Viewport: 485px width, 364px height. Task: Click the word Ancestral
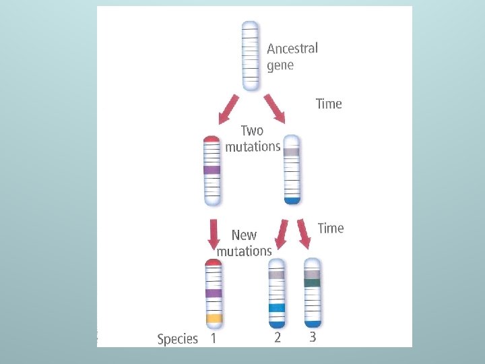pos(292,49)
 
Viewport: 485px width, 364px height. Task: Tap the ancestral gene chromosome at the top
pos(250,55)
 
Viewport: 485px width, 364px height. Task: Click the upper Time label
pos(329,104)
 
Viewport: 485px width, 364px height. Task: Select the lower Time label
pos(330,228)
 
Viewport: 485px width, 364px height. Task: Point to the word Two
pos(252,131)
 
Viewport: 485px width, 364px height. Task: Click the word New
pos(244,235)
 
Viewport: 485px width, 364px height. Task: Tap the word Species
pos(177,338)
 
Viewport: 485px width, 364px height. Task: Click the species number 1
pos(213,338)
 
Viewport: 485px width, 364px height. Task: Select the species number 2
pos(278,337)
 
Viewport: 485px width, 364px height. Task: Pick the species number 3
pos(313,337)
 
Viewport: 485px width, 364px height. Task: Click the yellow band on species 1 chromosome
pos(214,317)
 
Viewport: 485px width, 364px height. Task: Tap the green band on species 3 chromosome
pos(312,283)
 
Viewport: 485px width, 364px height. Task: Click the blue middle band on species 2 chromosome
pos(277,307)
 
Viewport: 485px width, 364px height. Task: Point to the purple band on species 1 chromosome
pos(214,293)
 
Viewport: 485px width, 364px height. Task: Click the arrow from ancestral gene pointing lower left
pos(228,109)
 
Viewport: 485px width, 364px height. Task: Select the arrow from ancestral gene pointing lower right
pos(275,109)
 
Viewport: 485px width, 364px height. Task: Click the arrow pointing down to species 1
pos(214,233)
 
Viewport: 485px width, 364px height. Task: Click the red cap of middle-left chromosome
pos(212,140)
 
